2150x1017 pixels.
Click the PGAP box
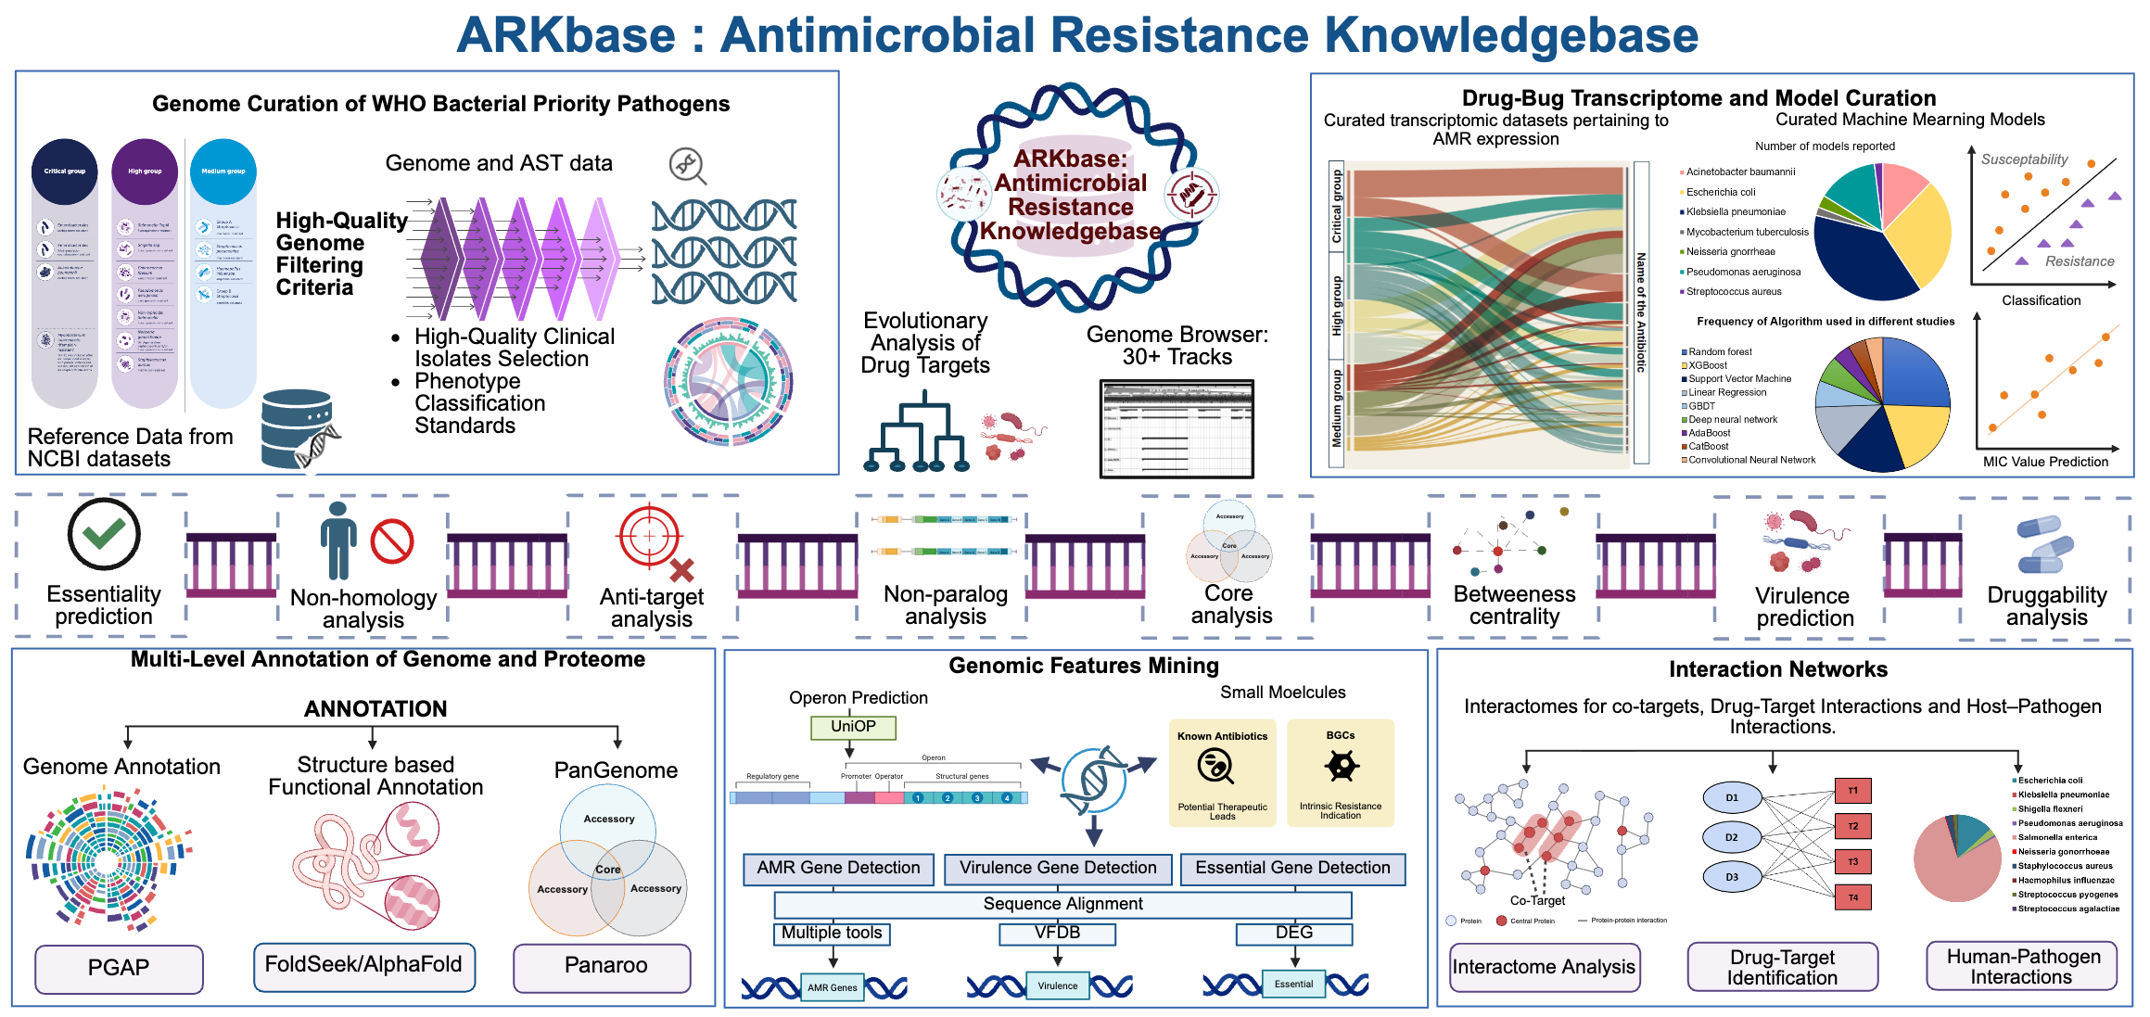[x=119, y=968]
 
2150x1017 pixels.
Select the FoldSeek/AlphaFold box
[x=363, y=965]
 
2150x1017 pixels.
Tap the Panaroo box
[x=605, y=966]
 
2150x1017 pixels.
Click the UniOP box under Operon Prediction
[x=853, y=727]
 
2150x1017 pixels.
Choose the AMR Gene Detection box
[x=838, y=869]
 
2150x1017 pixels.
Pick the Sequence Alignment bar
[x=1062, y=904]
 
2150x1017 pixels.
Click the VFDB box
[x=1057, y=933]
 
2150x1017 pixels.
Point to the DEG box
[x=1293, y=933]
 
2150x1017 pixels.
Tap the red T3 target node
[x=1852, y=862]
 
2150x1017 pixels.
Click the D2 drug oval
[x=1731, y=837]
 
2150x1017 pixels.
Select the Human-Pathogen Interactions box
[x=2021, y=967]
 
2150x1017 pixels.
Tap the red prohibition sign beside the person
[x=392, y=541]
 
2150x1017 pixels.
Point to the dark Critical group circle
[x=65, y=172]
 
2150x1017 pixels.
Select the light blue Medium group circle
[x=223, y=172]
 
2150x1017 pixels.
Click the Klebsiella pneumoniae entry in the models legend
[x=1735, y=212]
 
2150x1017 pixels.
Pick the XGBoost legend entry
[x=1707, y=365]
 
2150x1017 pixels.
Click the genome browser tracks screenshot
[x=1177, y=428]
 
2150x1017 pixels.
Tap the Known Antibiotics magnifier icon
[x=1215, y=767]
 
